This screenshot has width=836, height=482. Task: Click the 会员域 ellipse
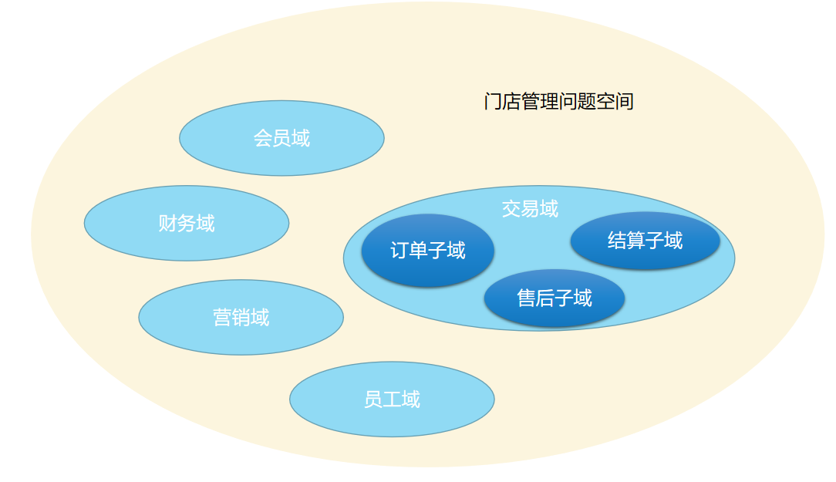[x=281, y=138]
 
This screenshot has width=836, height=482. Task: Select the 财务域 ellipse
[x=187, y=223]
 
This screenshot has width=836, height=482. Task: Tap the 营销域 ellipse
[x=241, y=317]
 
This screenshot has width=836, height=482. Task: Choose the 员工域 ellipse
[x=392, y=399]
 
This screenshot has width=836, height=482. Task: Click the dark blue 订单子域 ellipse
[x=427, y=250]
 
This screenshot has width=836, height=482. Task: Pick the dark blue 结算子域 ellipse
[x=646, y=241]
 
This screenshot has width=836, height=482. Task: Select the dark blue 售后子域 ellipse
[x=555, y=298]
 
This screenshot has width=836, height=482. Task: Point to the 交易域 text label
[x=530, y=208]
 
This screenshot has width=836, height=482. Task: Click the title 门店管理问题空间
[x=559, y=101]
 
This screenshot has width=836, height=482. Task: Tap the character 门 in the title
[x=493, y=101]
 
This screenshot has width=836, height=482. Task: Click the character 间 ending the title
[x=625, y=101]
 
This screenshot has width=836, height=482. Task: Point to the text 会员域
[x=281, y=138]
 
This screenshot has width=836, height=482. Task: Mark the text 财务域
[x=187, y=223]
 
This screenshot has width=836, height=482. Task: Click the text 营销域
[x=241, y=317]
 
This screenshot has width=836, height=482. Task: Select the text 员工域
[x=392, y=399]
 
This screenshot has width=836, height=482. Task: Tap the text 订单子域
[x=427, y=250]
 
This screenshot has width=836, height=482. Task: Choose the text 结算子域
[x=646, y=241]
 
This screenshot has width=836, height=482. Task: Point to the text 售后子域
[x=555, y=298]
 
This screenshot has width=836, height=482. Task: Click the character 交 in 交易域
[x=511, y=208]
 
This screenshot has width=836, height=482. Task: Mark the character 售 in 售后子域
[x=527, y=298]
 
